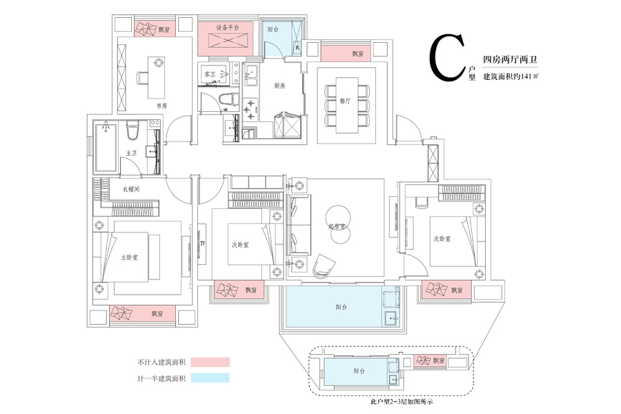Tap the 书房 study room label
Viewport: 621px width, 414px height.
pos(161,106)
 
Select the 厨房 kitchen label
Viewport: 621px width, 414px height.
pos(279,86)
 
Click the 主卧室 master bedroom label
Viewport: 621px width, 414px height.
pos(130,257)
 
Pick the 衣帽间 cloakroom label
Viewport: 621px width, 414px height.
pos(131,188)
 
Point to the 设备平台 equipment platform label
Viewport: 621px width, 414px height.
pos(227,28)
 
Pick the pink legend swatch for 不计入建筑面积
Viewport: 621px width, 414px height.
pos(210,362)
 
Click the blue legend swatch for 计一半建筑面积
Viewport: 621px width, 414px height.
pos(210,378)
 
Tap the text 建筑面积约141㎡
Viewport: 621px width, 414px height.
pos(511,77)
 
